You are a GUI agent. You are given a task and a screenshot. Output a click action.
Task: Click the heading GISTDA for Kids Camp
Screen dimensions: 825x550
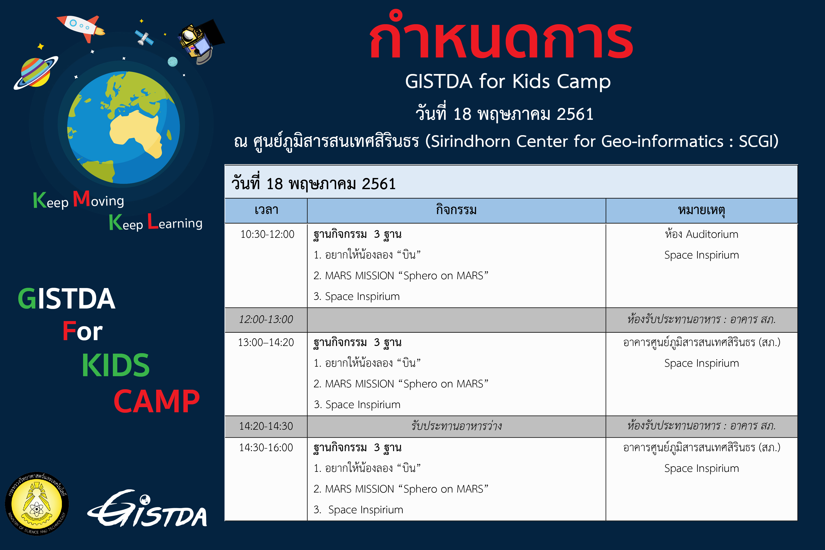click(508, 81)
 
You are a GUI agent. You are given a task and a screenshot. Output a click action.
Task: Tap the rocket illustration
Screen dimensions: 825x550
click(81, 27)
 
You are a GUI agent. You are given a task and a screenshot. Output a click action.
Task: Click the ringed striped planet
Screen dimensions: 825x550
click(36, 73)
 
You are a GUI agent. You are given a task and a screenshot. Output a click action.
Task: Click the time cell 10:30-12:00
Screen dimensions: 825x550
click(267, 234)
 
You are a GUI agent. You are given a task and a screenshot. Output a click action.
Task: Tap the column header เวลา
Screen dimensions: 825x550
click(266, 210)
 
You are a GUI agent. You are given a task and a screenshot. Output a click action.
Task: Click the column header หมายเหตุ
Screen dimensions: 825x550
click(701, 211)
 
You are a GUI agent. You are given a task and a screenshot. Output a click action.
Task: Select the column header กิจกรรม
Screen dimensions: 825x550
click(456, 210)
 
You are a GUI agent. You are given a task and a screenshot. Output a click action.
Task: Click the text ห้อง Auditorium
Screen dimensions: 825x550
click(701, 234)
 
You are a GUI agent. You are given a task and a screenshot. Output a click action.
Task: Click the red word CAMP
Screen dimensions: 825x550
click(157, 401)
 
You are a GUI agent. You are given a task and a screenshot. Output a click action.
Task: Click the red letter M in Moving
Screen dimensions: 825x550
click(81, 199)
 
